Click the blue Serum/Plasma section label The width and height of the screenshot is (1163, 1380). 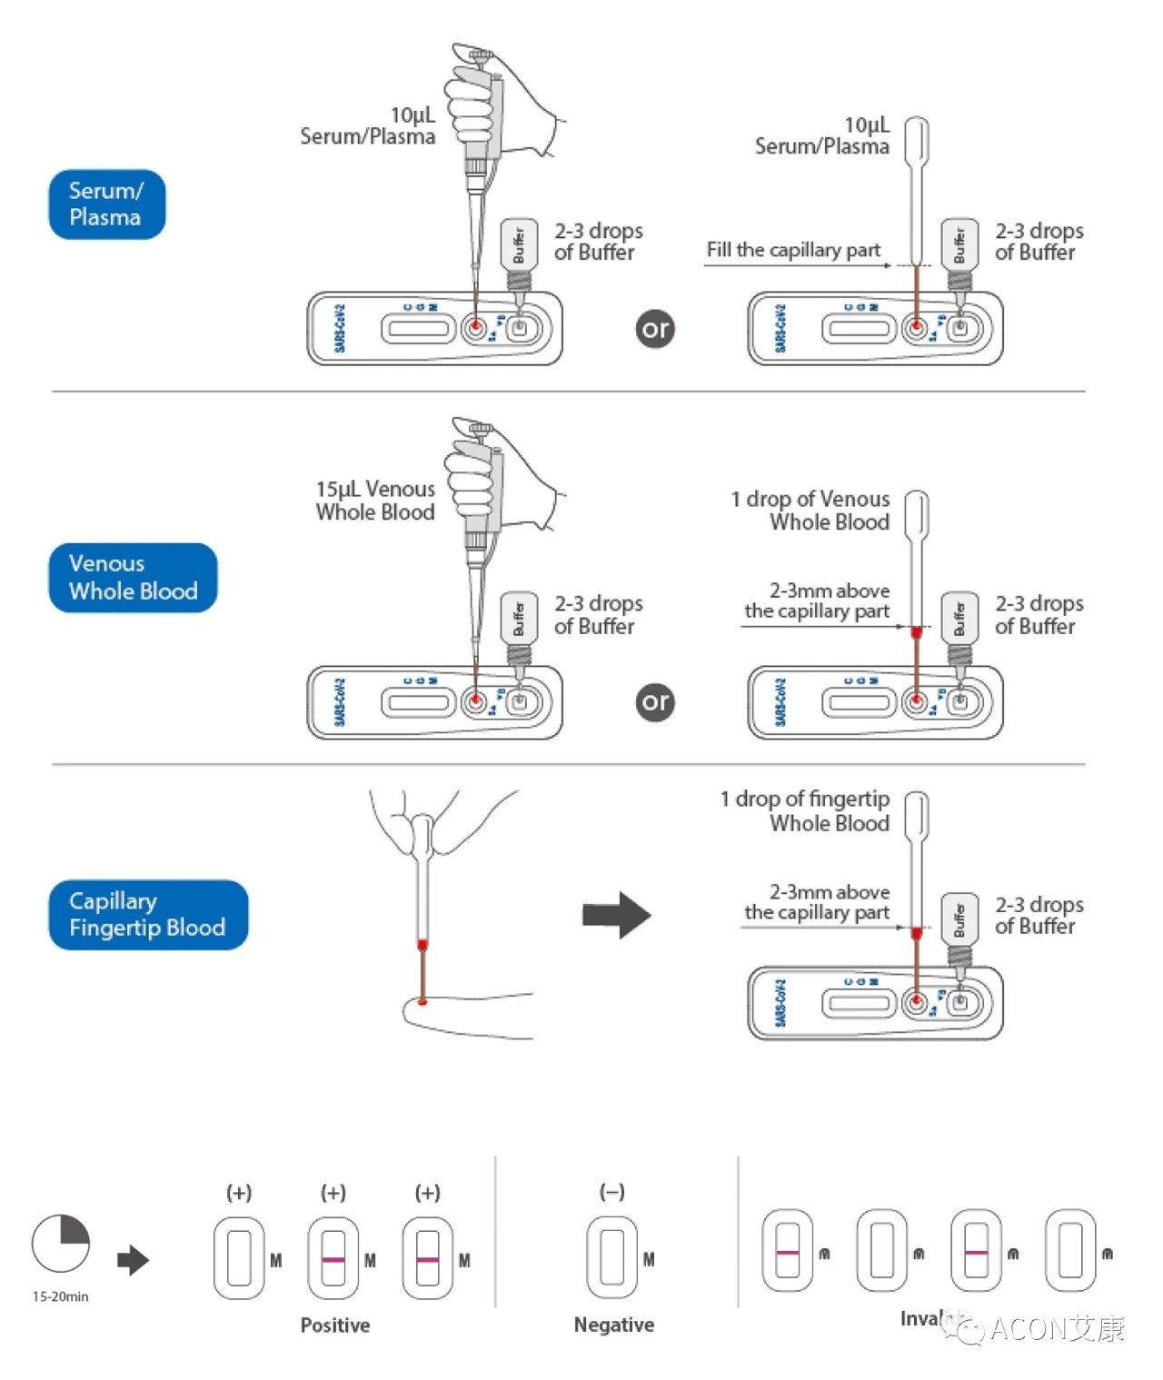pyautogui.click(x=106, y=204)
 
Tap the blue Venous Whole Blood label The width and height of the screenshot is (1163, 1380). pyautogui.click(x=133, y=578)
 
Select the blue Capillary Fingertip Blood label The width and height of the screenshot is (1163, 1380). pyautogui.click(x=147, y=915)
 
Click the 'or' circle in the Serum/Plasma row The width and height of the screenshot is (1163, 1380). pyautogui.click(x=655, y=329)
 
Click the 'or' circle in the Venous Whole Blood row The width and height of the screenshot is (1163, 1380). pyautogui.click(x=655, y=702)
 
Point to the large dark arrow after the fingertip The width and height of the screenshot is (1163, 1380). pyautogui.click(x=617, y=915)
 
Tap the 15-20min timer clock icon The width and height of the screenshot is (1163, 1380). pyautogui.click(x=61, y=1243)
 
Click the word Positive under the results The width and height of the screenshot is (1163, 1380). pyautogui.click(x=335, y=1325)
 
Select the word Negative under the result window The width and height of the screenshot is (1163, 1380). pyautogui.click(x=614, y=1325)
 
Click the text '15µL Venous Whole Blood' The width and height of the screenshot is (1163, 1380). pyautogui.click(x=375, y=501)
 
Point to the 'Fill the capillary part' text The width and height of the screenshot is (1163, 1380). pyautogui.click(x=793, y=250)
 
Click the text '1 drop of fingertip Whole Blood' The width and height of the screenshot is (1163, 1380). pyautogui.click(x=805, y=811)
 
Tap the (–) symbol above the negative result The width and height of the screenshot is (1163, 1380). pyautogui.click(x=612, y=1192)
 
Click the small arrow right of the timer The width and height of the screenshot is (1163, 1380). pyautogui.click(x=133, y=1260)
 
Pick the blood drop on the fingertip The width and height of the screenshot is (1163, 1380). pyautogui.click(x=422, y=1001)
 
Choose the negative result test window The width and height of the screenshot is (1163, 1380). pyautogui.click(x=613, y=1258)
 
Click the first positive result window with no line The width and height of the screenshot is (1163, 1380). pyautogui.click(x=239, y=1259)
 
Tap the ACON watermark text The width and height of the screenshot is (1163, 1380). pyautogui.click(x=1056, y=1330)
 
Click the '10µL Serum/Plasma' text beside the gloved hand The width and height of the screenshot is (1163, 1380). pyautogui.click(x=368, y=126)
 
